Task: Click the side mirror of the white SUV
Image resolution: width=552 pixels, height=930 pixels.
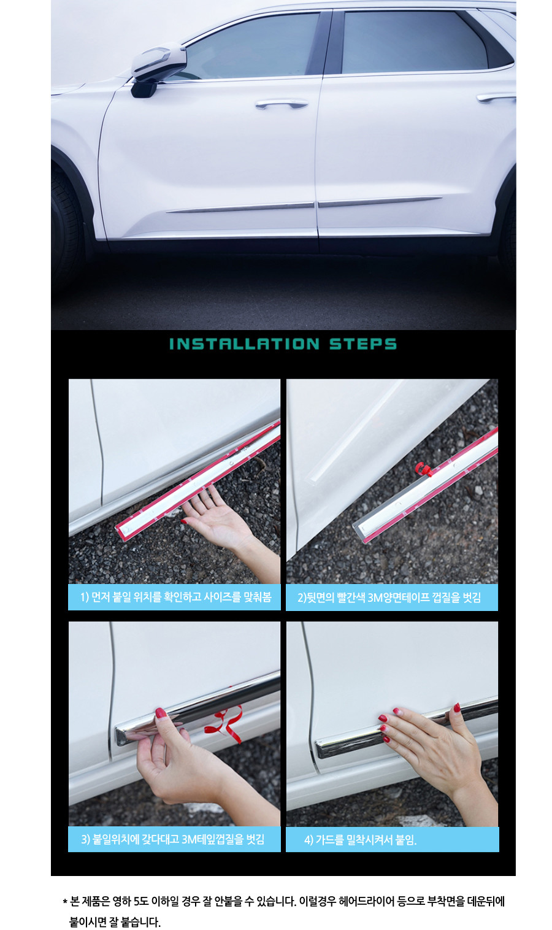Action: click(158, 69)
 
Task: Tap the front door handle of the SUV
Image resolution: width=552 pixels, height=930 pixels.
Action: click(282, 104)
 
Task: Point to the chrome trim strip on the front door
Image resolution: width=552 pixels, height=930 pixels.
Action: click(240, 207)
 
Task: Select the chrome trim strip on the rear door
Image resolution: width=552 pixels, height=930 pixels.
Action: click(379, 201)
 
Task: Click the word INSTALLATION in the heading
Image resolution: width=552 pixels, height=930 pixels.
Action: click(244, 344)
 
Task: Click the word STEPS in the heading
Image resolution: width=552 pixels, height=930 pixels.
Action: click(363, 344)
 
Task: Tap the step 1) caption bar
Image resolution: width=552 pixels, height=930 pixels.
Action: click(174, 597)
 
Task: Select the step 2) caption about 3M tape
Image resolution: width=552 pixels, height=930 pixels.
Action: click(392, 598)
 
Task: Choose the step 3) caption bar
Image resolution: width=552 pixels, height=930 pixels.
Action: click(174, 839)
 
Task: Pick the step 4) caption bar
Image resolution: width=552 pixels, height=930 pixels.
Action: click(392, 839)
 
